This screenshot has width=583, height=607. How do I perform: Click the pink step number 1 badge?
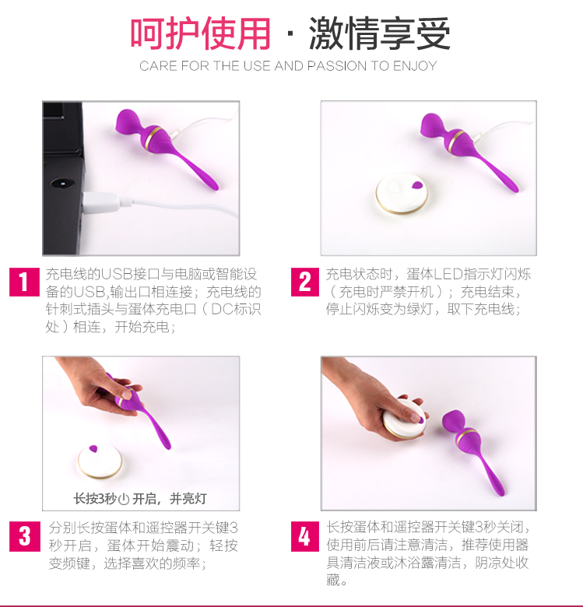pos(24,282)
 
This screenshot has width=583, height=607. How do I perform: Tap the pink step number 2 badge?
pos(305,282)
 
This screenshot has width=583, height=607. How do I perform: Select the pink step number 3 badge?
pos(25,536)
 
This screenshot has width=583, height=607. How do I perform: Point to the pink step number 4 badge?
pos(305,536)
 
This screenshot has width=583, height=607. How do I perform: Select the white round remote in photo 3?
pos(100,461)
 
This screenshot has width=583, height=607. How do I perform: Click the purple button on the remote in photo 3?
pos(93,449)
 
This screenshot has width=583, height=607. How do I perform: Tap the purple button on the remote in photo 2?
pos(417,185)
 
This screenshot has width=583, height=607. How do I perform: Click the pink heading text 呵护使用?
pos(200,33)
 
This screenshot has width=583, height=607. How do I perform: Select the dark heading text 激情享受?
pos(379,33)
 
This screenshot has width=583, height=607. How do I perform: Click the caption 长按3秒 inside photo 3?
pos(95,499)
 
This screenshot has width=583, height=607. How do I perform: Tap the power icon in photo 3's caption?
pos(124,500)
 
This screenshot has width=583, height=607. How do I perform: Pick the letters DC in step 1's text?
pos(220,309)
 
